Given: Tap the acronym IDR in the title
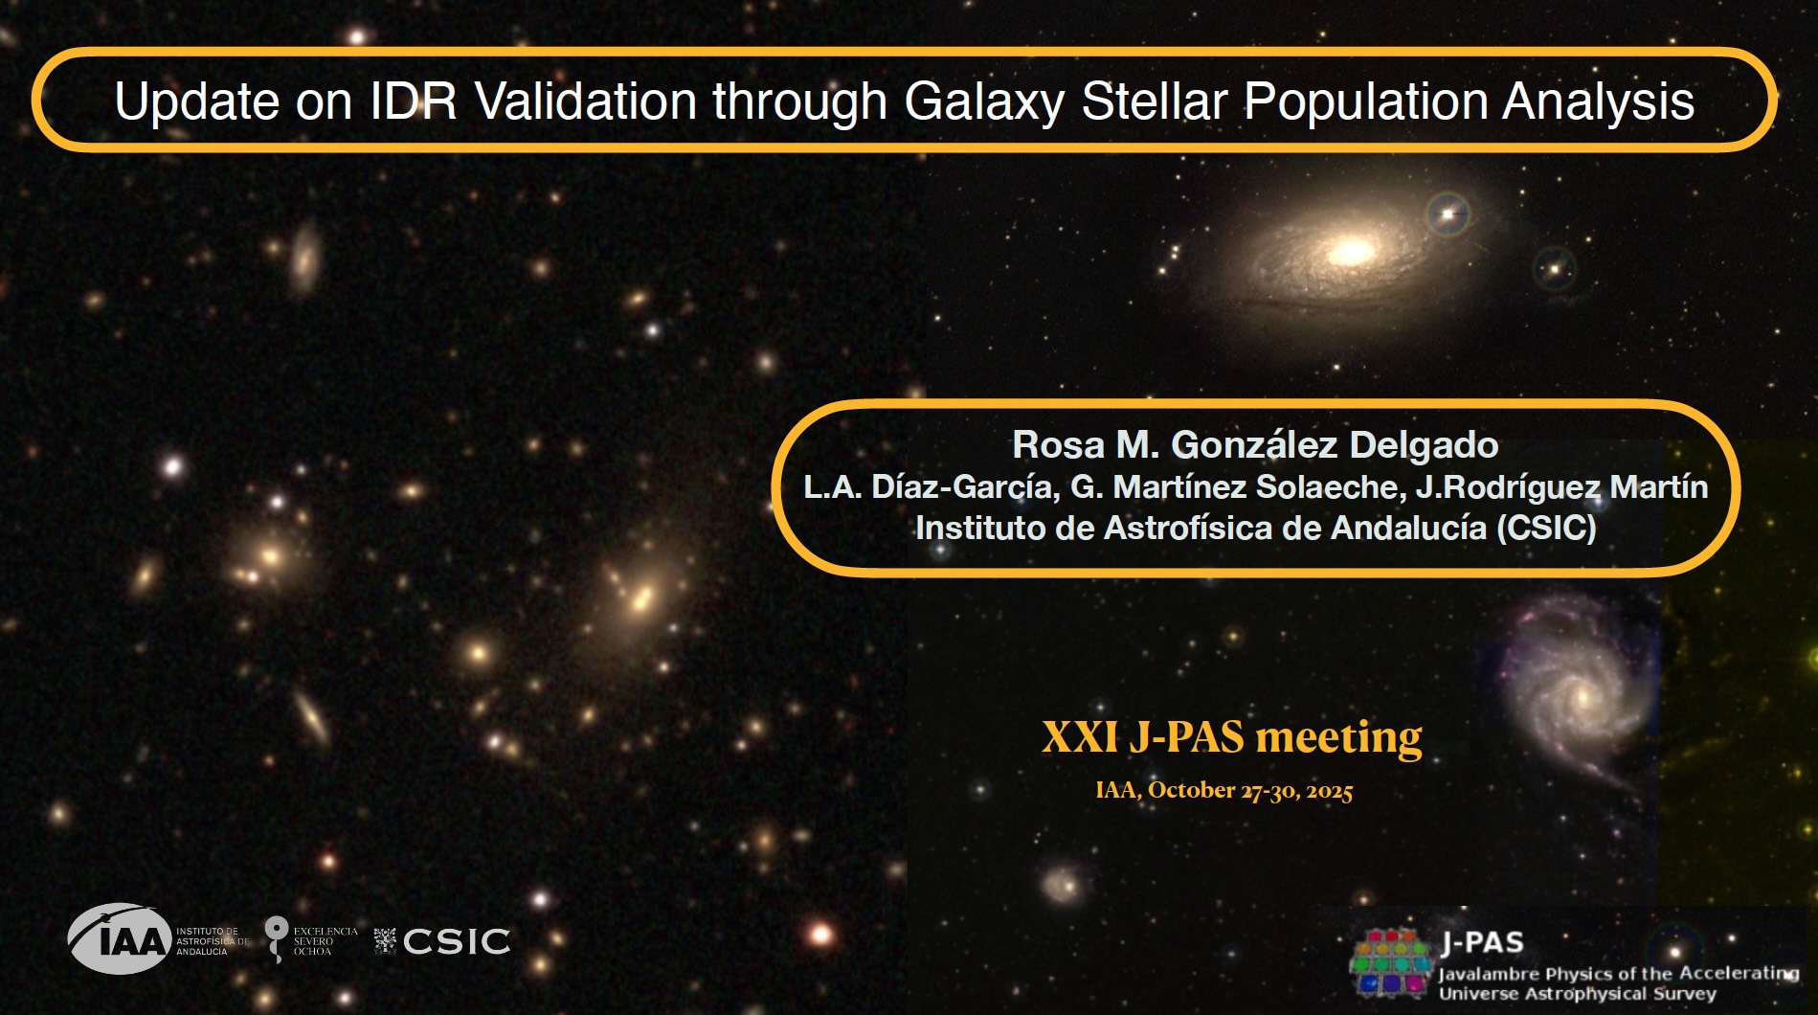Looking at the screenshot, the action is click(414, 101).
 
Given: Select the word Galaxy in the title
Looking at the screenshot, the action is click(984, 102).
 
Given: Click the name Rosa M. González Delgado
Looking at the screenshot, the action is click(1255, 445).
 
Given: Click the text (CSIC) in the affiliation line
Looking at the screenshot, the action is click(1546, 529).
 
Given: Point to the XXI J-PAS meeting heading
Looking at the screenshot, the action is click(1232, 737).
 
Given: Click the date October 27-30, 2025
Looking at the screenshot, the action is click(1250, 791).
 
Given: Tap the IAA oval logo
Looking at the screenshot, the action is click(120, 938).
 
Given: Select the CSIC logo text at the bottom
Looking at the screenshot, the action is click(456, 941).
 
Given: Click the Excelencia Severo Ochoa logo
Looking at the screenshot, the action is click(310, 939).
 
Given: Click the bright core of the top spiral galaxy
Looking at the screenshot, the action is click(1351, 252).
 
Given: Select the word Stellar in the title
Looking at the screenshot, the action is click(1155, 101).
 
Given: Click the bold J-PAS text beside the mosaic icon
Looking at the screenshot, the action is click(1482, 943).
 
